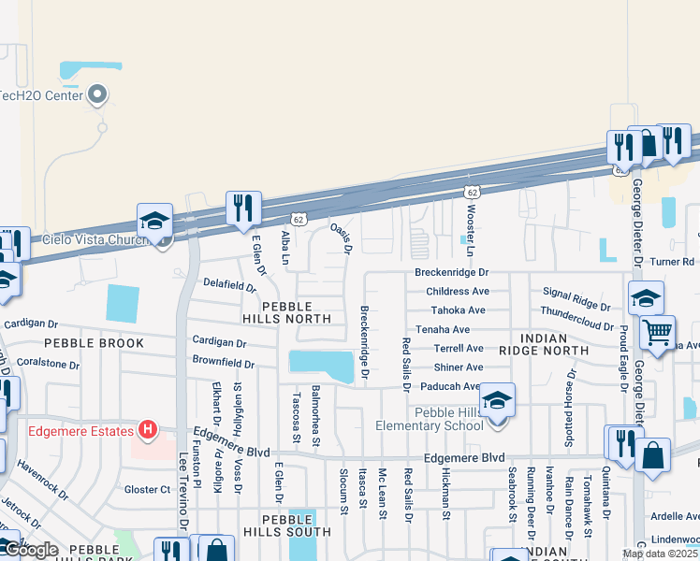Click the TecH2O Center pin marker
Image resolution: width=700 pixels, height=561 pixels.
(x=98, y=94)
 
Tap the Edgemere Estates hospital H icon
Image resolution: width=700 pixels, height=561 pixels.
(x=147, y=430)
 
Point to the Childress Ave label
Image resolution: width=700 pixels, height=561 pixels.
(x=457, y=292)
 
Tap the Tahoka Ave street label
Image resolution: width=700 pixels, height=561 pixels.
(x=458, y=310)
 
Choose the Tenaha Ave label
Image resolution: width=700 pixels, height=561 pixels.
(x=443, y=329)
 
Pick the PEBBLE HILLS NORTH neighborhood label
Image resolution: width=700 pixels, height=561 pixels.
(x=296, y=312)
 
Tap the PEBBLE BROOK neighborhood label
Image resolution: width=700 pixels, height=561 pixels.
(x=95, y=343)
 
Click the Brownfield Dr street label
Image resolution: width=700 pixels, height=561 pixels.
(x=224, y=361)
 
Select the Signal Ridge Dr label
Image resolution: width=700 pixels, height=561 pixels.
(x=576, y=299)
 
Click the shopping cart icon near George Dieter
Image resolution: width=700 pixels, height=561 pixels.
(x=658, y=330)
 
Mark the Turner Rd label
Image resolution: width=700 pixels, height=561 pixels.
(x=674, y=262)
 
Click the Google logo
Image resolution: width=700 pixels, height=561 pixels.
(x=30, y=550)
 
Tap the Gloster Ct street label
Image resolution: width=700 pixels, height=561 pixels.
(x=148, y=489)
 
